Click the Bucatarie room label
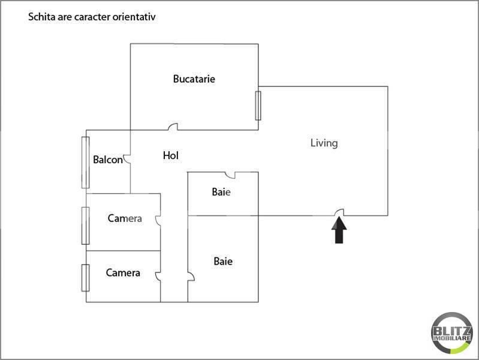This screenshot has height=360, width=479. (x=194, y=79)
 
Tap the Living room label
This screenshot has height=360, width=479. (x=324, y=143)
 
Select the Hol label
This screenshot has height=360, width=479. (x=171, y=156)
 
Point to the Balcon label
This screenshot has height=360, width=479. (x=108, y=160)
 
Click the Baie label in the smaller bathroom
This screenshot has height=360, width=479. (x=221, y=193)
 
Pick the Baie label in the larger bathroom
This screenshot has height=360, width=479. (x=223, y=262)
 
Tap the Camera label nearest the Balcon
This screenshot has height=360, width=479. (x=125, y=218)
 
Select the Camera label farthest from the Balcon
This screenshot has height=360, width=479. (x=123, y=273)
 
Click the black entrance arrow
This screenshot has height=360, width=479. (x=339, y=230)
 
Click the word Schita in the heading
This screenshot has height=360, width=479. (x=41, y=17)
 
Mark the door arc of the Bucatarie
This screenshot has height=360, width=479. (x=173, y=127)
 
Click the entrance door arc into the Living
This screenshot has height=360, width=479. (x=339, y=212)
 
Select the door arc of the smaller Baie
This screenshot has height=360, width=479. (x=230, y=175)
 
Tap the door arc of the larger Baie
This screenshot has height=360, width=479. (x=191, y=277)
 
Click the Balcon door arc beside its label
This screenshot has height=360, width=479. (x=127, y=160)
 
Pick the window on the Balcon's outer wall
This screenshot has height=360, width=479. (x=85, y=162)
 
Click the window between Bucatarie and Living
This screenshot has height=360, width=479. (x=258, y=106)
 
